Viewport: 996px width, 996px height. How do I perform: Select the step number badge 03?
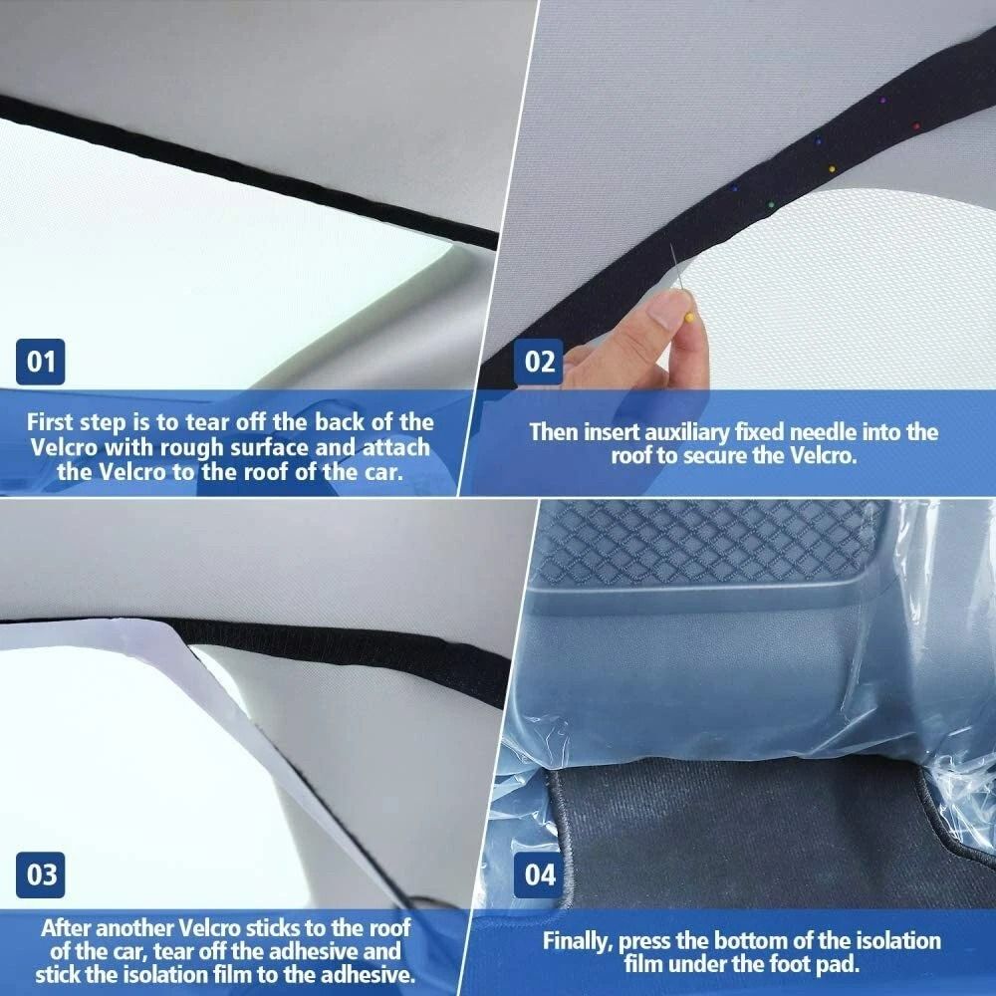coord(41,875)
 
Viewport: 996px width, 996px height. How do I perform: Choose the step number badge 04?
coord(540,875)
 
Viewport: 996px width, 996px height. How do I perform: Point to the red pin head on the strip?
coord(916,126)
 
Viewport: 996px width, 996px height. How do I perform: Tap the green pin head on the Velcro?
coord(769,204)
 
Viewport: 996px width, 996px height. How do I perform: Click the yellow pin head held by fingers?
coord(690,317)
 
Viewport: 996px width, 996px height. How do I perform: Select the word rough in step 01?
coord(228,447)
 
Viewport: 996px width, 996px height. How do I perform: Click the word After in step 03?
coord(67,927)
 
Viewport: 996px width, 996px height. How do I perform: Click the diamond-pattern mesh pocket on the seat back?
coord(697,543)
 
